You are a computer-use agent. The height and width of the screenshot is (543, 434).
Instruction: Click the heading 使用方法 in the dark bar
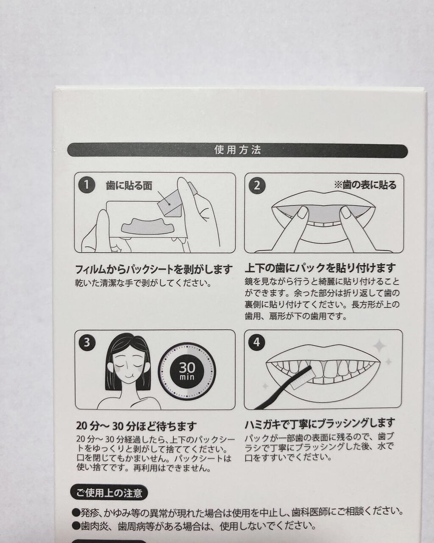pyautogui.click(x=237, y=150)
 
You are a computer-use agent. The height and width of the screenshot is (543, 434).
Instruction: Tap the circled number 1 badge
pyautogui.click(x=86, y=185)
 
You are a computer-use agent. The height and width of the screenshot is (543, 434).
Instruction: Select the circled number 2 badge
pyautogui.click(x=256, y=185)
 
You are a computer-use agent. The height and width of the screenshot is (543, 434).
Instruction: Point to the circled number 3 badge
pyautogui.click(x=86, y=343)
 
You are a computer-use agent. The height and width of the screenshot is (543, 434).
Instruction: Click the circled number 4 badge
pyautogui.click(x=256, y=342)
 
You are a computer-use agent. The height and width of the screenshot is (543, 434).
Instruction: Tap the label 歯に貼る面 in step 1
pyautogui.click(x=129, y=186)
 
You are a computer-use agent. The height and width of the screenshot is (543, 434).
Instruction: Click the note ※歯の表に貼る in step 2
pyautogui.click(x=365, y=185)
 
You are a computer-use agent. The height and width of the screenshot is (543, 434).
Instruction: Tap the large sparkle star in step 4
pyautogui.click(x=379, y=347)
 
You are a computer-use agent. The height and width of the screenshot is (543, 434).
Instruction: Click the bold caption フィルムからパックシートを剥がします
pyautogui.click(x=154, y=269)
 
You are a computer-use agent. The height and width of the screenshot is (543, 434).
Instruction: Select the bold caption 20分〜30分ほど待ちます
pyautogui.click(x=136, y=426)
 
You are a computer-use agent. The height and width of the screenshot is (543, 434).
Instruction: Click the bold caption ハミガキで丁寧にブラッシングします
pyautogui.click(x=320, y=423)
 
